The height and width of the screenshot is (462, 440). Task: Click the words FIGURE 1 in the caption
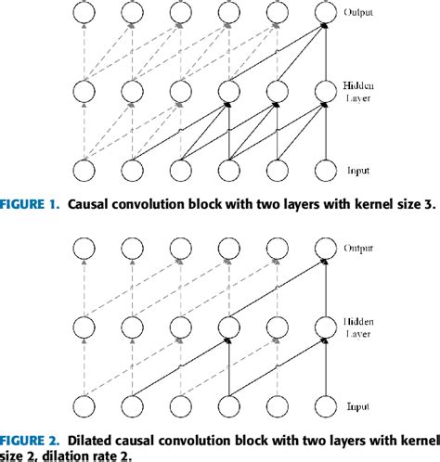(x=36, y=206)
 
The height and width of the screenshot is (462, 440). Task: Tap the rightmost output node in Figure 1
(x=324, y=12)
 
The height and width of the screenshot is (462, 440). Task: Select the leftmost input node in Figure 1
(x=84, y=171)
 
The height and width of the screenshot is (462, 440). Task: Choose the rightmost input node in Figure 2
(x=324, y=407)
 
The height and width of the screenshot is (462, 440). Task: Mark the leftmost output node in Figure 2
(x=84, y=249)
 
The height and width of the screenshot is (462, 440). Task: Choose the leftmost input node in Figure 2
(x=84, y=407)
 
